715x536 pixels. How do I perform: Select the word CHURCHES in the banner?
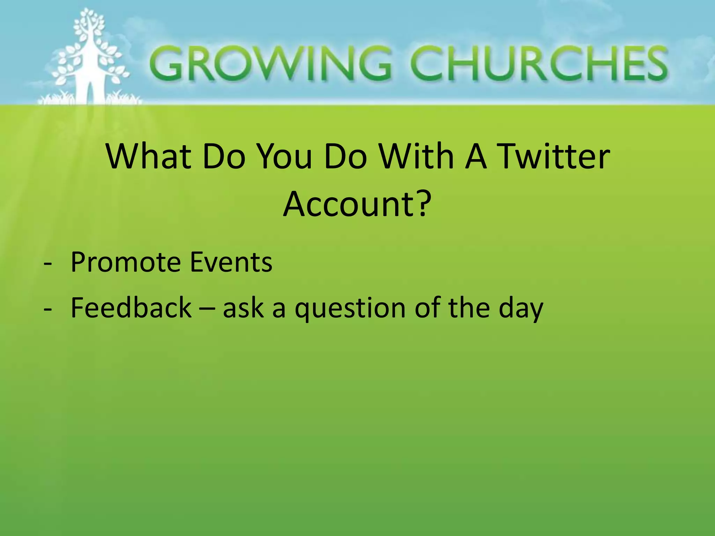click(x=538, y=64)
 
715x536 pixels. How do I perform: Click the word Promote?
click(x=125, y=262)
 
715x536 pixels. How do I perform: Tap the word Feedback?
click(x=131, y=307)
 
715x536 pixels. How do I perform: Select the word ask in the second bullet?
click(x=243, y=308)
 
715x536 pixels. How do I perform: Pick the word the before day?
click(x=469, y=307)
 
